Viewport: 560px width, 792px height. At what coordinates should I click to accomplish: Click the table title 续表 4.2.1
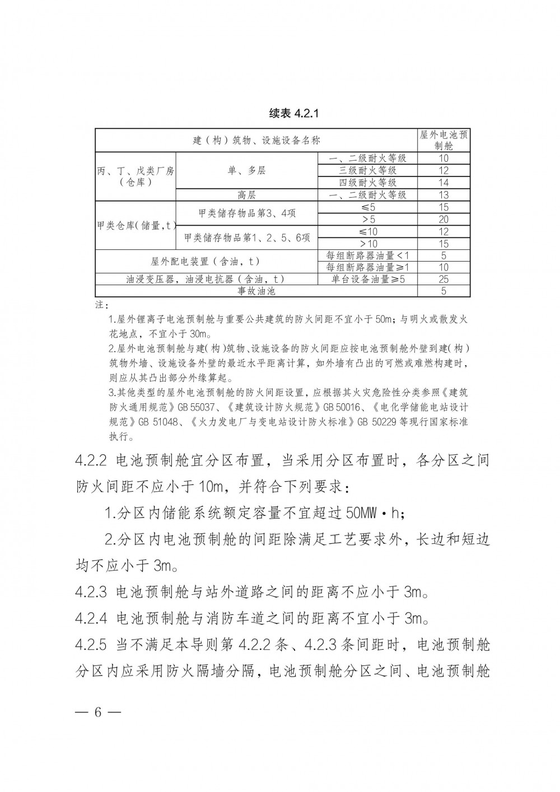click(293, 114)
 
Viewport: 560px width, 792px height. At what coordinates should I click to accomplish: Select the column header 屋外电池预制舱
click(444, 140)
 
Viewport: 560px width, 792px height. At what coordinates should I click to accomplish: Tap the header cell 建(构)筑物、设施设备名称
click(256, 141)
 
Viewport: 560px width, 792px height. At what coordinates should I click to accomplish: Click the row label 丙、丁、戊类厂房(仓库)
click(135, 176)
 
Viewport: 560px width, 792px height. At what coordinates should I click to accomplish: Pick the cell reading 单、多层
click(247, 170)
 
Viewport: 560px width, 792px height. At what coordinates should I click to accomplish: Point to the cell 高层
click(247, 195)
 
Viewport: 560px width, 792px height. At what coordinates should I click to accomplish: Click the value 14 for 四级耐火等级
click(444, 183)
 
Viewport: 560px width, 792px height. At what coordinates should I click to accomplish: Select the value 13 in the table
click(444, 195)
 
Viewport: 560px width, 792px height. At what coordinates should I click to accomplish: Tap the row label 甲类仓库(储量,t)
click(136, 226)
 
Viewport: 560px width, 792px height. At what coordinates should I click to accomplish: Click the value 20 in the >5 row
click(444, 220)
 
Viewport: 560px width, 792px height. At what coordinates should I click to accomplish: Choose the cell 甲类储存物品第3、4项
click(247, 213)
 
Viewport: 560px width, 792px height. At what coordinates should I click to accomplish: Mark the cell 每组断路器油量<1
click(368, 256)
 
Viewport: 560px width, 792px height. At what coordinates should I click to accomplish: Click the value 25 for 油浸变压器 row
click(444, 279)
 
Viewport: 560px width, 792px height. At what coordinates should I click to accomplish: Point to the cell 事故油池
click(256, 291)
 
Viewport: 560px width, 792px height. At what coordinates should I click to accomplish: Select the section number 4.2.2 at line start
click(91, 461)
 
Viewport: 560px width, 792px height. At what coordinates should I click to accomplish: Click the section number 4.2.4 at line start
click(91, 618)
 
